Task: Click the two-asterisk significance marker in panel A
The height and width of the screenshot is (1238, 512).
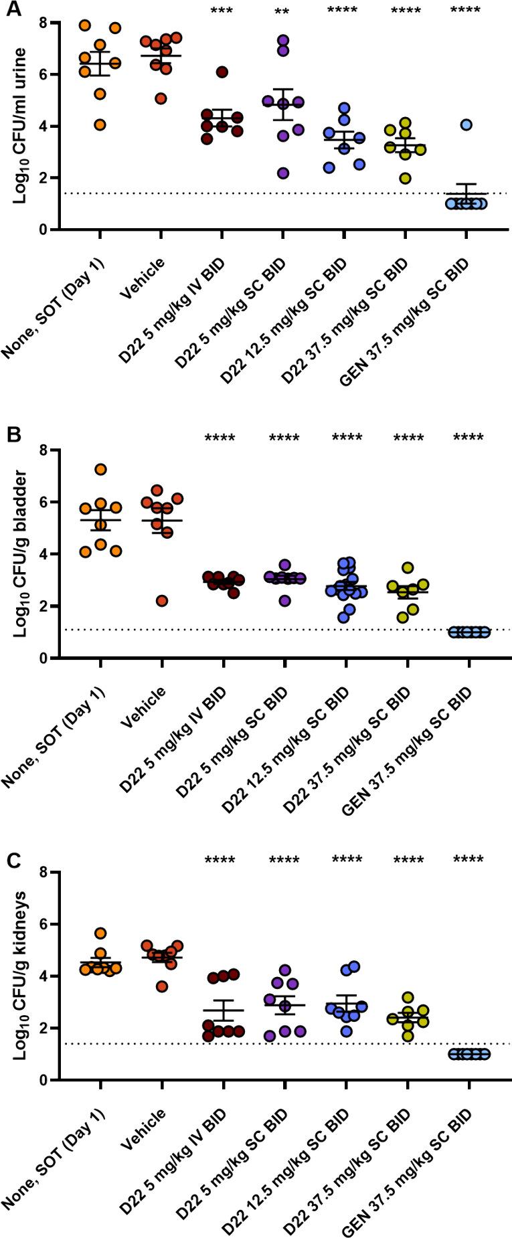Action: pos(282,11)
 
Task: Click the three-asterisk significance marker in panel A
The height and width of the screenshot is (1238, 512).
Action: pos(222,11)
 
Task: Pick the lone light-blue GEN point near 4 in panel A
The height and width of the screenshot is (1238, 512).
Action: pos(466,124)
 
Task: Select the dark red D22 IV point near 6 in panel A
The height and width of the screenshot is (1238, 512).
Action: pos(222,72)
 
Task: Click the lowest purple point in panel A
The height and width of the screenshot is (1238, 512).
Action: pos(283,173)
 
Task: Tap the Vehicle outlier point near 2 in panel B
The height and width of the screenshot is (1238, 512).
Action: pos(161,601)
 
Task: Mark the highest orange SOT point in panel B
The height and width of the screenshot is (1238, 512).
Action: pos(100,470)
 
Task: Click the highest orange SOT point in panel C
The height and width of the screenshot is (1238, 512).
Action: pos(100,934)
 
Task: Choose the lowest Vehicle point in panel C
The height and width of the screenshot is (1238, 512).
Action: pos(161,986)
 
